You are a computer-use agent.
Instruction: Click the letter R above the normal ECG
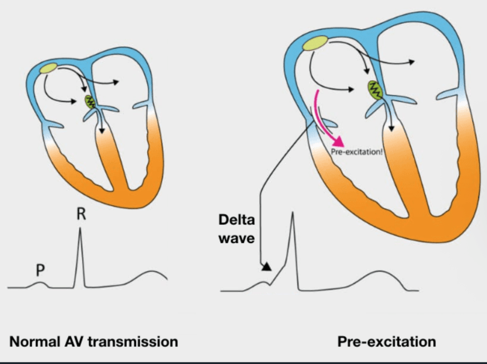[x=81, y=214]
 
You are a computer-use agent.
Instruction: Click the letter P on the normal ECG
[x=40, y=270]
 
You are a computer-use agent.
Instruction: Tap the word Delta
[x=237, y=220]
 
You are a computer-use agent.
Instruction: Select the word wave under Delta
[x=237, y=238]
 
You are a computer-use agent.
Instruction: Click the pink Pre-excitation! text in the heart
[x=357, y=152]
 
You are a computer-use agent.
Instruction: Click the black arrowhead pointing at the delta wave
[x=266, y=266]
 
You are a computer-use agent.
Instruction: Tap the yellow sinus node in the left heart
[x=48, y=68]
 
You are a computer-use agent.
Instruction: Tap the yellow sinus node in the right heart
[x=316, y=43]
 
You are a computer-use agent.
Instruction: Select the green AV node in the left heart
[x=90, y=102]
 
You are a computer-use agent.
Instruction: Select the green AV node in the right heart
[x=376, y=90]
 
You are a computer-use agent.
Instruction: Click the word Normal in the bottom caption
[x=35, y=342]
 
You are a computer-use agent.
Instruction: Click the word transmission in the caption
[x=133, y=342]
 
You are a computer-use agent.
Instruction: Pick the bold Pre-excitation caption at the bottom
[x=387, y=342]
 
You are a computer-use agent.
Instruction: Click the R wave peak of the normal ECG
[x=80, y=228]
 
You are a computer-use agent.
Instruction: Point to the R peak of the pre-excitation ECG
[x=292, y=213]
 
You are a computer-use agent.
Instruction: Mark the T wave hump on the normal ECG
[x=151, y=272]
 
